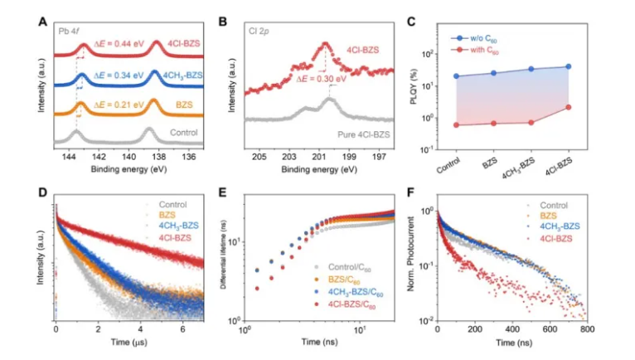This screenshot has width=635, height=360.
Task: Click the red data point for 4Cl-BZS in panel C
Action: (568, 106)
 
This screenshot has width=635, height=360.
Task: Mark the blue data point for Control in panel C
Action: (456, 76)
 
